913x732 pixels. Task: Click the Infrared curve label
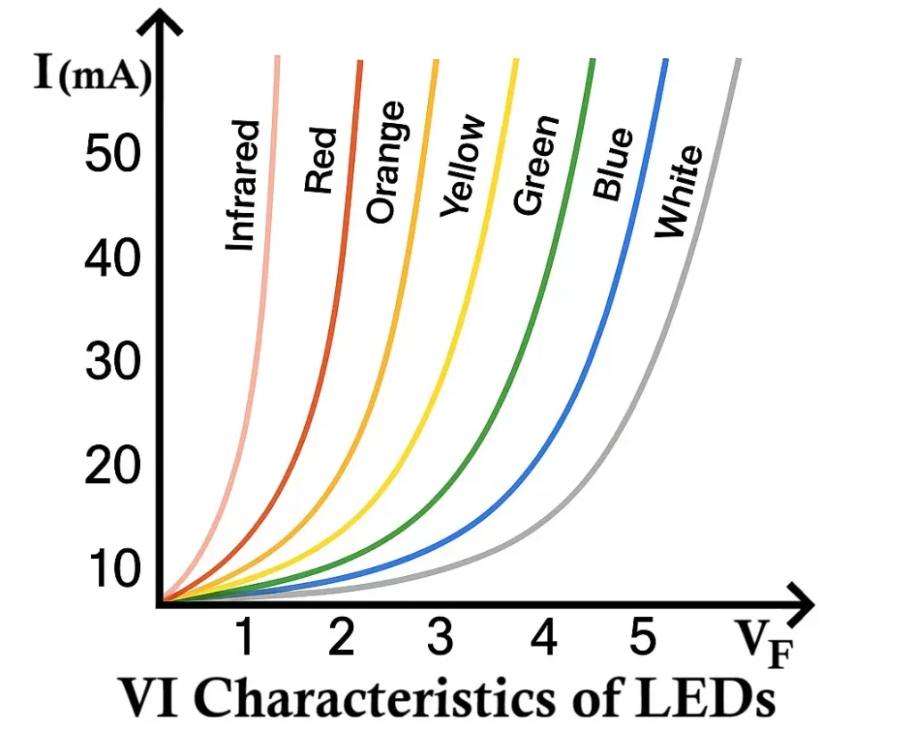click(243, 185)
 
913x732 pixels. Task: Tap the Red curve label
click(320, 160)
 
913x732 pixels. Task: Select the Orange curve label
click(386, 162)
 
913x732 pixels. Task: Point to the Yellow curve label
click(463, 167)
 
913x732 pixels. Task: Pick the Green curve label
click(536, 166)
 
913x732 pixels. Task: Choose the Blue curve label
click(613, 164)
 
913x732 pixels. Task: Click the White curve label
click(679, 192)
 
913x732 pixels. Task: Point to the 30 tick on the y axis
click(111, 363)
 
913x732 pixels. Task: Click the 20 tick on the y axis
click(111, 466)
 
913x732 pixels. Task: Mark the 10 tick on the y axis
click(111, 568)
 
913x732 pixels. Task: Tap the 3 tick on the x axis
click(439, 639)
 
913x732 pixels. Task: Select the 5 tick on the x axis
click(641, 639)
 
